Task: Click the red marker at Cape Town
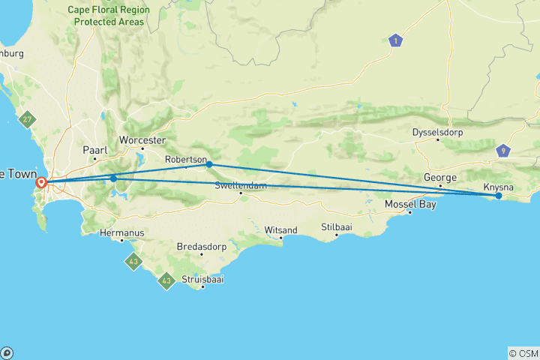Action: point(42,181)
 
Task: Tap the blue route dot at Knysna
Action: point(499,196)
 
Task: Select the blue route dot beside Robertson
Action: point(209,164)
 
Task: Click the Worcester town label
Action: point(142,140)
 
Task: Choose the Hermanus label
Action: point(121,232)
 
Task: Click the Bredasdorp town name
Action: point(201,245)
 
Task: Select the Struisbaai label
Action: point(202,279)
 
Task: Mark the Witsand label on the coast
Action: point(281,229)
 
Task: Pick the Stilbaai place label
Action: point(336,226)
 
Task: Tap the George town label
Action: point(440,178)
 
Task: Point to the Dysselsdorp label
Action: point(438,133)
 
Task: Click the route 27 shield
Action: point(28,119)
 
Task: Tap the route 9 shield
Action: point(502,151)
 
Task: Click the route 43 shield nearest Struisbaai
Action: point(166,282)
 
